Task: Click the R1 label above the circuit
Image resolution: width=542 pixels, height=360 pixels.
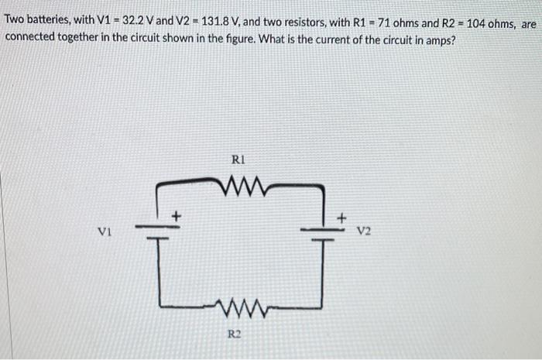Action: (238, 162)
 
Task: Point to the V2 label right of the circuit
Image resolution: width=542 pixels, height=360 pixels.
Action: (364, 230)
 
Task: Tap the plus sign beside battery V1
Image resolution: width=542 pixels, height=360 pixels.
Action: (177, 216)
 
